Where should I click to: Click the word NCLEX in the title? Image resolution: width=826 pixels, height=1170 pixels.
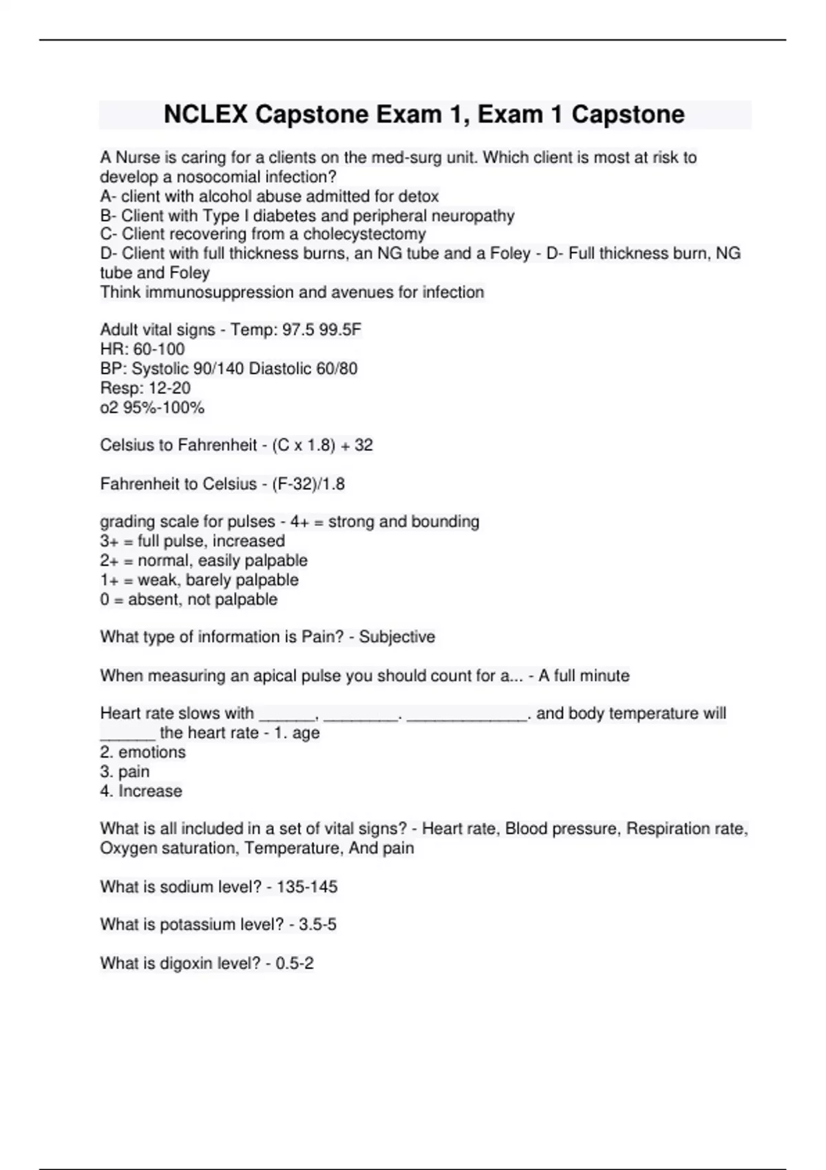pos(206,114)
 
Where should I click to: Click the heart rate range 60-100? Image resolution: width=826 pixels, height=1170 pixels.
pos(159,349)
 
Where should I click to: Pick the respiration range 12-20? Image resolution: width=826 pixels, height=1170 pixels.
pos(169,387)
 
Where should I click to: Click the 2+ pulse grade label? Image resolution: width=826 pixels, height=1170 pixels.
pos(110,560)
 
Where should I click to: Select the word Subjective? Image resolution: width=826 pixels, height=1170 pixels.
pos(397,637)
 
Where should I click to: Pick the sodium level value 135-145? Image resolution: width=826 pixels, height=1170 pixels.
pos(307,886)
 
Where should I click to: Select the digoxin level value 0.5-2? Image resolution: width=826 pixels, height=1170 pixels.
pos(295,963)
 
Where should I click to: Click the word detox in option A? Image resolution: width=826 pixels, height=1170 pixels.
pos(419,196)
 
